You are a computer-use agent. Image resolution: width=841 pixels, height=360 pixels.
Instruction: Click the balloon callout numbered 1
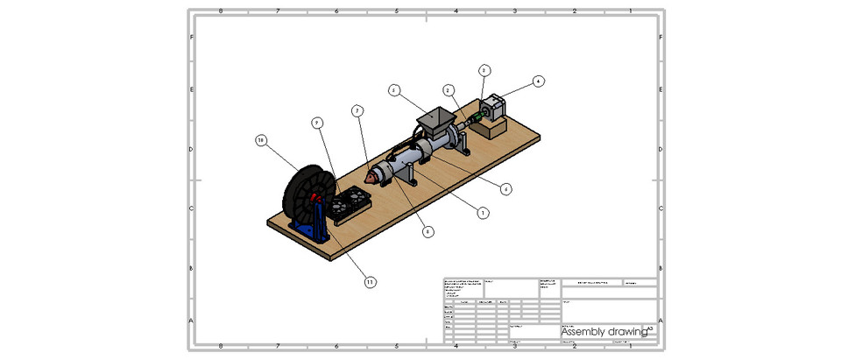(481, 212)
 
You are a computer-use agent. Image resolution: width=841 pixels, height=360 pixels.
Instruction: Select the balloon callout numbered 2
(449, 90)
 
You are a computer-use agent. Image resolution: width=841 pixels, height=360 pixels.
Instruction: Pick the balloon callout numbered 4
(539, 81)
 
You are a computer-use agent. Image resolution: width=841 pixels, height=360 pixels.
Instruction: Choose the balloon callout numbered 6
(505, 188)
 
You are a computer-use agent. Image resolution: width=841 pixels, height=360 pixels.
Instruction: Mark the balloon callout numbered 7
(357, 110)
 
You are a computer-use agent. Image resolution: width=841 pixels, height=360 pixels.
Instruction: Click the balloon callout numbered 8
(428, 232)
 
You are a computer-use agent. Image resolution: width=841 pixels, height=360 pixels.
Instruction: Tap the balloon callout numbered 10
(261, 140)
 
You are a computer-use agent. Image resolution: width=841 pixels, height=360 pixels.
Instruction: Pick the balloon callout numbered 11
(371, 281)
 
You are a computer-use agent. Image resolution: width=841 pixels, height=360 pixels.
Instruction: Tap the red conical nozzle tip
(371, 177)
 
